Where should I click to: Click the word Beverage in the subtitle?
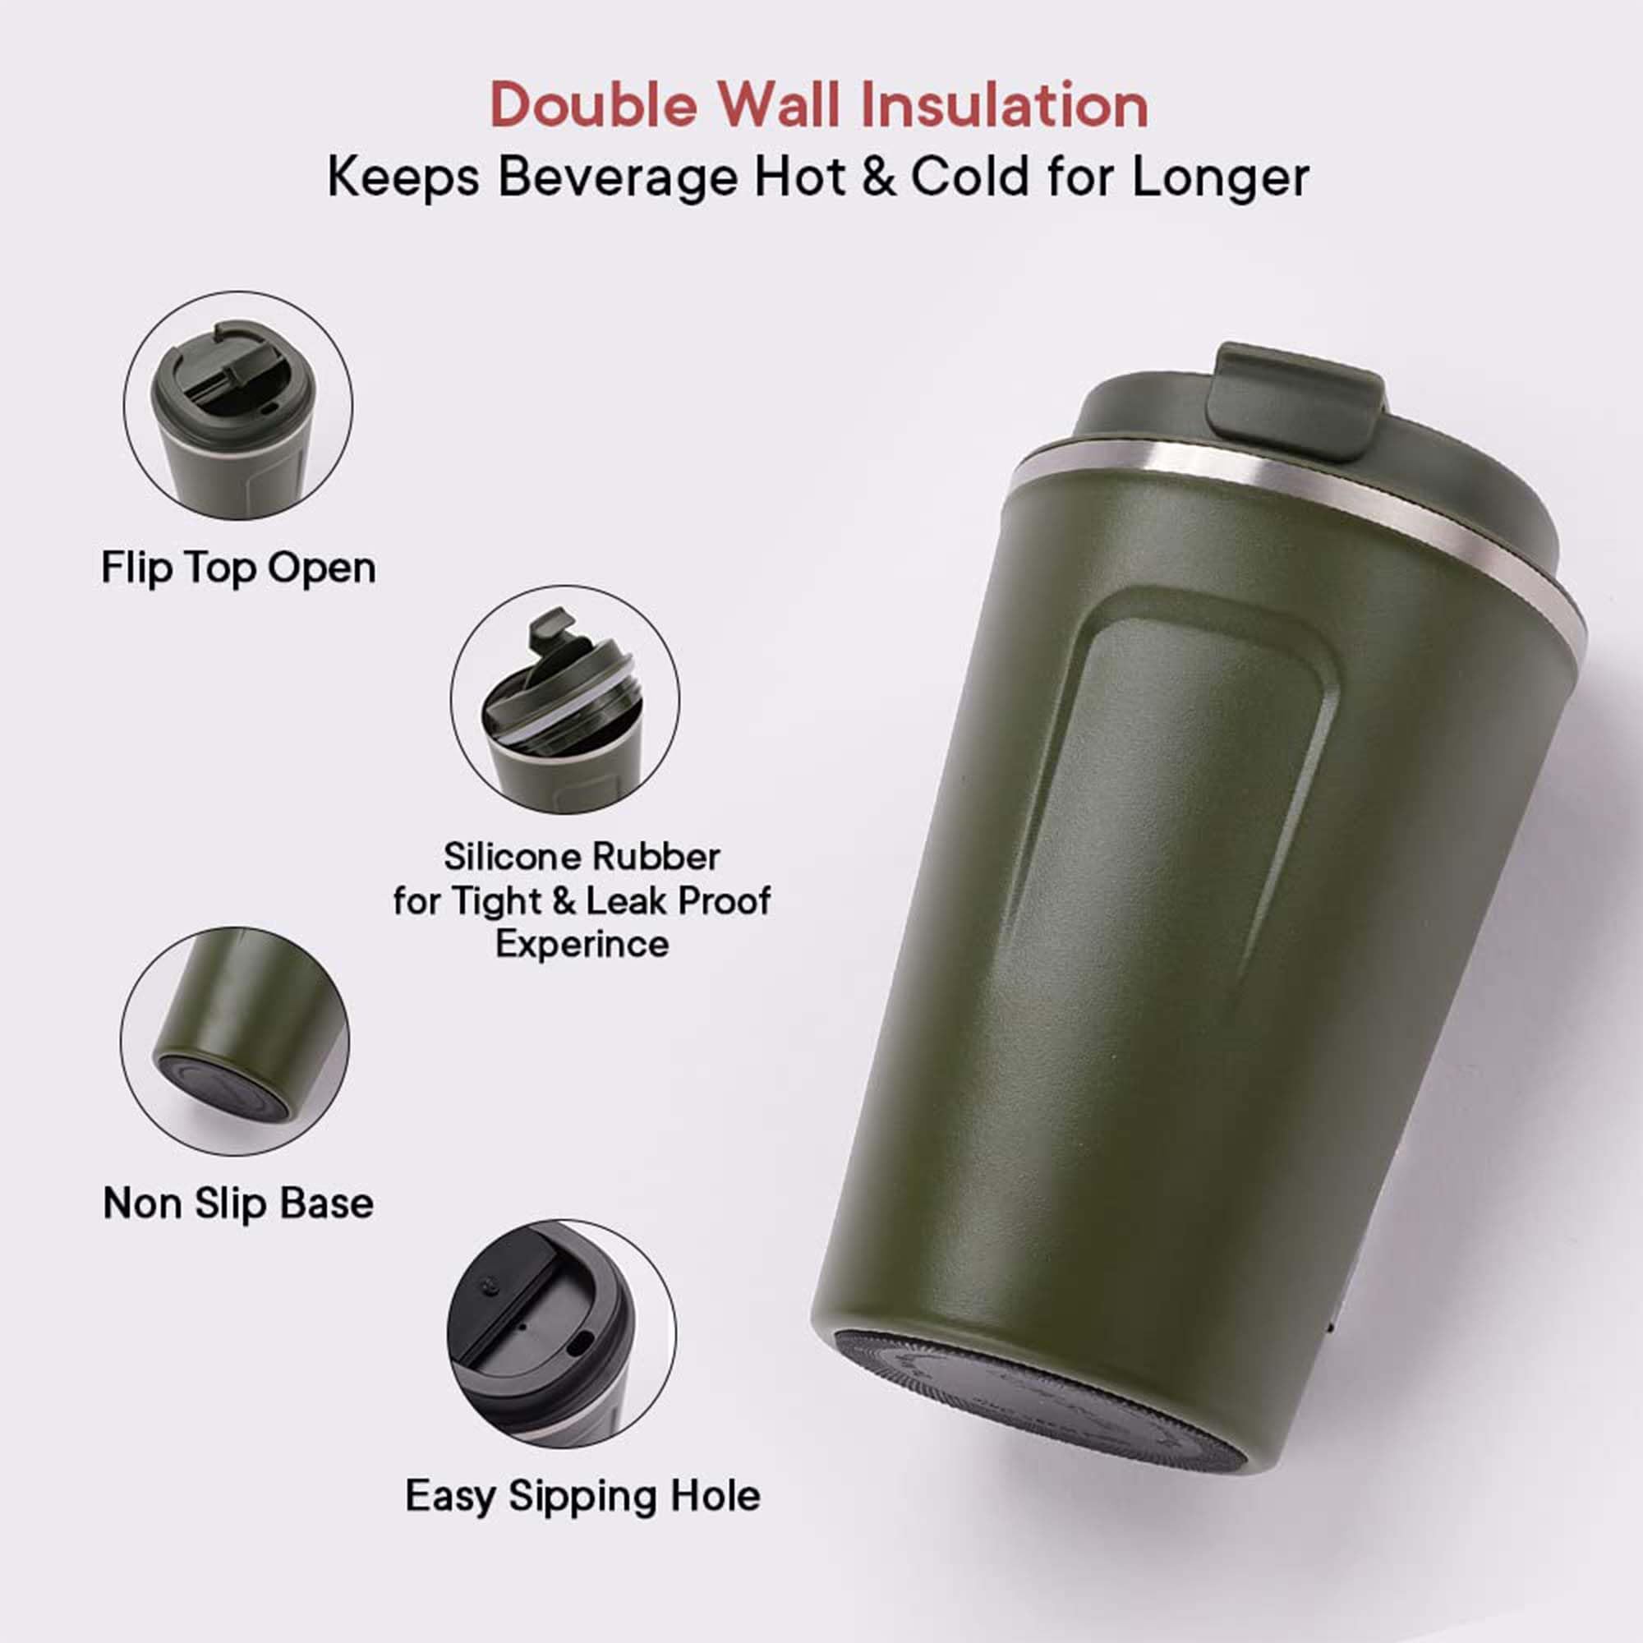[x=617, y=179]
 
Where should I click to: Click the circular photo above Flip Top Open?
[x=238, y=406]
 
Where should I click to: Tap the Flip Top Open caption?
[x=238, y=569]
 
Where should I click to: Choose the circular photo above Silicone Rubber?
[x=564, y=700]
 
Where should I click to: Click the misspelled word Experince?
[x=582, y=945]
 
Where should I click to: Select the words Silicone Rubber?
[x=582, y=857]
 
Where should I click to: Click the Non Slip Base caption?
[x=238, y=1203]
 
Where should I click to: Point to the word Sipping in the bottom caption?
[x=583, y=1498]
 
